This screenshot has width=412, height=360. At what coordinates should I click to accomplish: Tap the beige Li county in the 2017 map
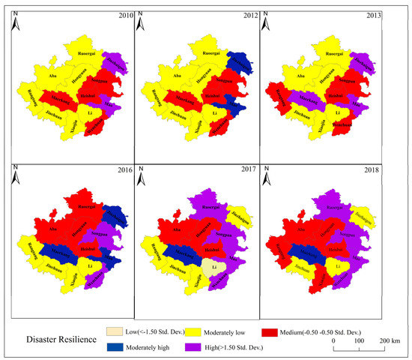click(214, 266)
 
